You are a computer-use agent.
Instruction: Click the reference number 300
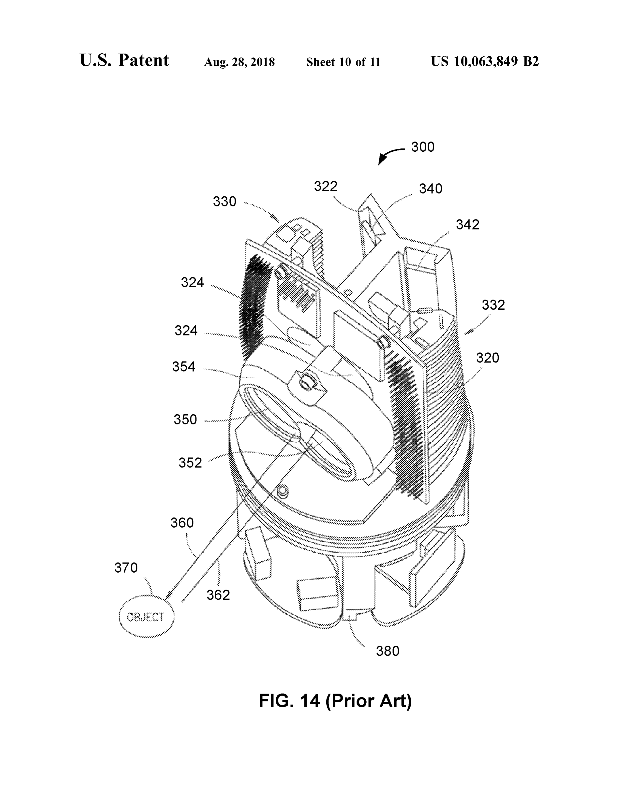(x=423, y=147)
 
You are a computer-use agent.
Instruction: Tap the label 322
(x=326, y=187)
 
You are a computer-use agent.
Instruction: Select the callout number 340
(x=431, y=189)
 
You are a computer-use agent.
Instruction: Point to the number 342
(x=468, y=225)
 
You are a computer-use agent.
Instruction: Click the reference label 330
(x=225, y=202)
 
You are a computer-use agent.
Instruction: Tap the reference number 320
(x=488, y=358)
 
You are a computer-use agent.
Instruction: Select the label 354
(x=183, y=367)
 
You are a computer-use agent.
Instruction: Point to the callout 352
(x=190, y=463)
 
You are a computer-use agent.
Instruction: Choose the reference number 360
(x=182, y=523)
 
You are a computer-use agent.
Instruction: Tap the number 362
(x=218, y=595)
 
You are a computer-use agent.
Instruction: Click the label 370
(x=126, y=568)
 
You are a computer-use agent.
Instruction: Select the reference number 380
(x=388, y=651)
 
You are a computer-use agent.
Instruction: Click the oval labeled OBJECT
(x=146, y=617)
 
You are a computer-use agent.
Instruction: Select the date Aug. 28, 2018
(x=239, y=62)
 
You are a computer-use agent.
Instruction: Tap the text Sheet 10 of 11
(x=343, y=62)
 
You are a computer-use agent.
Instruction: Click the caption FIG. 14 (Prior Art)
(x=335, y=701)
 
